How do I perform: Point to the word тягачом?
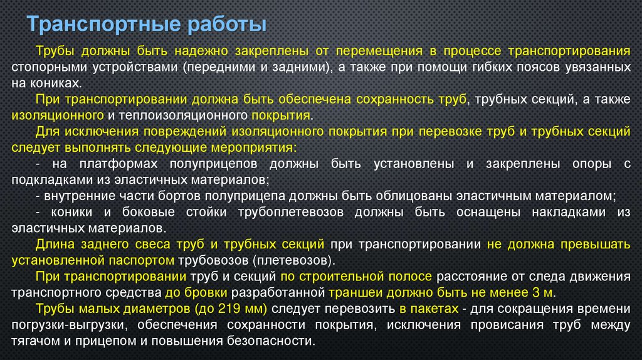33,341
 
